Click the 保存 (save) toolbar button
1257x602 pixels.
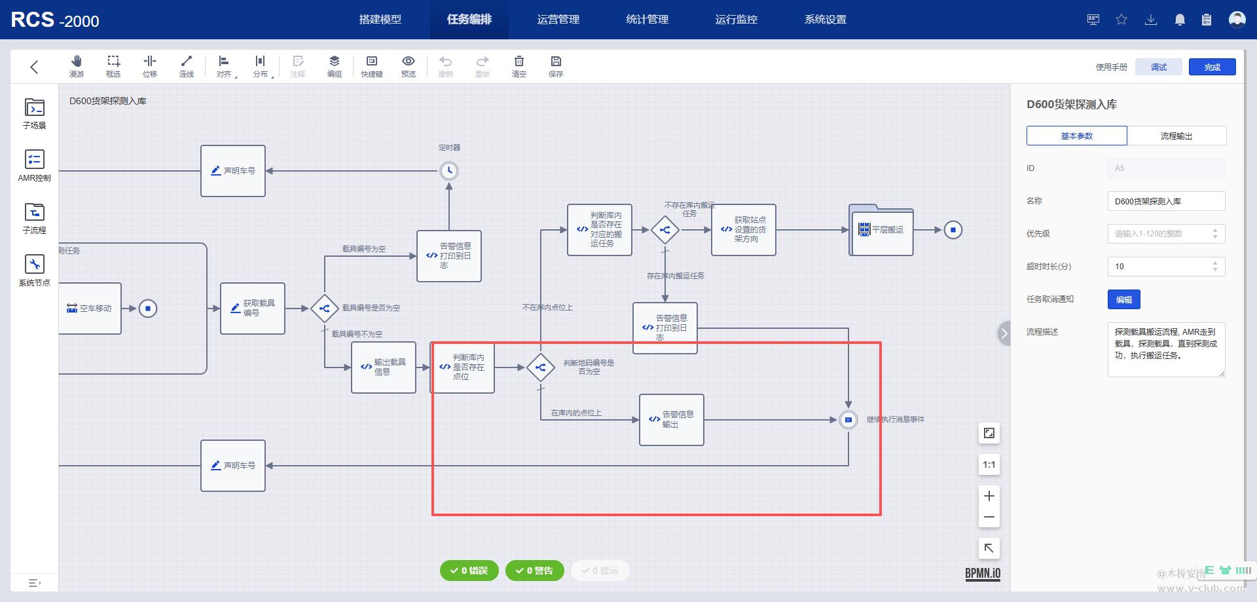click(x=556, y=66)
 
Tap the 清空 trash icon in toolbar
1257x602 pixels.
click(x=519, y=66)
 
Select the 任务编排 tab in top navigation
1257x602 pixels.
click(x=469, y=20)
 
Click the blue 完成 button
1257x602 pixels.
click(x=1212, y=67)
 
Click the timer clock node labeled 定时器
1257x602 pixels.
click(x=449, y=171)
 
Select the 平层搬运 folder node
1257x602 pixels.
click(x=881, y=230)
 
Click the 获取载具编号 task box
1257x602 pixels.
click(x=253, y=309)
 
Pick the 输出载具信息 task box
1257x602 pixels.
click(x=384, y=367)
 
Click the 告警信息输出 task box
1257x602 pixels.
click(x=672, y=420)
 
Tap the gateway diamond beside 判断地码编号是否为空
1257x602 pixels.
click(x=541, y=367)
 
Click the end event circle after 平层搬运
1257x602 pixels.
click(x=953, y=230)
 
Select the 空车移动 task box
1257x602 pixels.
click(x=90, y=309)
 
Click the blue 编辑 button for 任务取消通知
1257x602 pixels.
click(x=1123, y=299)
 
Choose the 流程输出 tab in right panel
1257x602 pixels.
click(x=1176, y=136)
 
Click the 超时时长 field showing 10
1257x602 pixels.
click(x=1159, y=267)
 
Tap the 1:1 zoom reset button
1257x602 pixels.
click(x=989, y=465)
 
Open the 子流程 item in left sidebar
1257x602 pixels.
click(x=35, y=218)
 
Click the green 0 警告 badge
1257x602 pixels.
click(x=535, y=571)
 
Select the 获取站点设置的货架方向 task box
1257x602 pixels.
click(x=744, y=230)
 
